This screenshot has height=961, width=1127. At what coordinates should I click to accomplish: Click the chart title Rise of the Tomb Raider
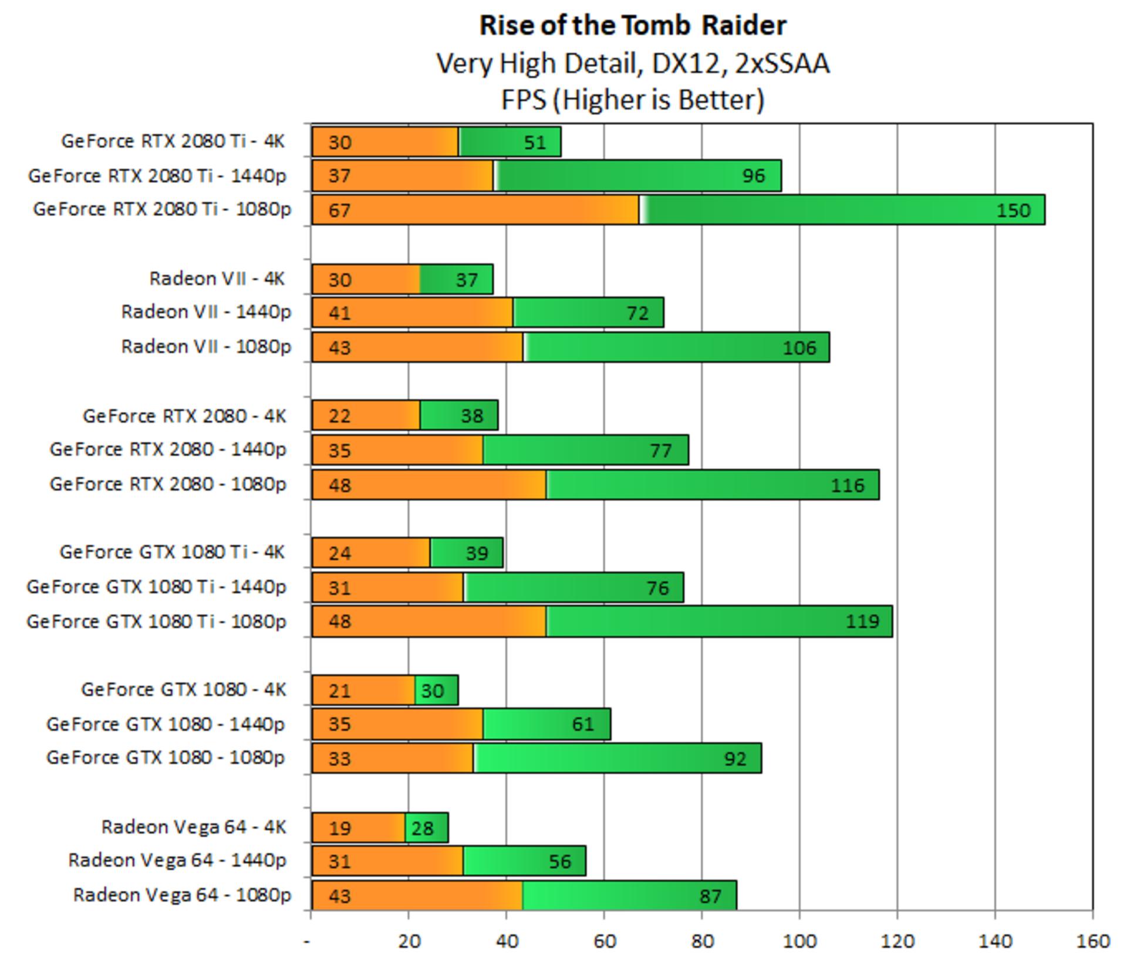click(633, 26)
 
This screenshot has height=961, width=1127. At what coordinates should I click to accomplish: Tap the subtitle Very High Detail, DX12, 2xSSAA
click(633, 63)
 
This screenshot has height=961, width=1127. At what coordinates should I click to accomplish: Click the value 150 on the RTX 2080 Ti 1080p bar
click(1013, 210)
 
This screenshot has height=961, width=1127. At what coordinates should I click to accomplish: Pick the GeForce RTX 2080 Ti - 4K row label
click(173, 141)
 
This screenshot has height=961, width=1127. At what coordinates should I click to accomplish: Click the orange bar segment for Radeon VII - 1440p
click(412, 312)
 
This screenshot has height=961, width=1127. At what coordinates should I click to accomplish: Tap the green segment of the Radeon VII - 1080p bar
click(676, 347)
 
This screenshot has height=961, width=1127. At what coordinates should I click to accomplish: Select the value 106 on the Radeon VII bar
click(799, 348)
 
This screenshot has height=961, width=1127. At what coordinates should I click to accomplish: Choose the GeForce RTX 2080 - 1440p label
click(168, 449)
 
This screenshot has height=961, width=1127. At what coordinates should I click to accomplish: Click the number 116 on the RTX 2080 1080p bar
click(848, 485)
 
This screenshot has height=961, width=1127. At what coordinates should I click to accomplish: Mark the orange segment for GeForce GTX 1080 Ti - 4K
click(371, 553)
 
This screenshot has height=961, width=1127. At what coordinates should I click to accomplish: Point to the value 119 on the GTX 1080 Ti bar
click(862, 621)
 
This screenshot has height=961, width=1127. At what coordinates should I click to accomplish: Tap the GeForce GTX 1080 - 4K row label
click(184, 689)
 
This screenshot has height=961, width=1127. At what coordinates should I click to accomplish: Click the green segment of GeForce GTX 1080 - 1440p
click(546, 724)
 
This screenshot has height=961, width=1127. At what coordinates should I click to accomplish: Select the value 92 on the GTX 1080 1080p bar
click(735, 759)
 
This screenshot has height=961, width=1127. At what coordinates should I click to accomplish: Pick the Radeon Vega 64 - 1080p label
click(182, 895)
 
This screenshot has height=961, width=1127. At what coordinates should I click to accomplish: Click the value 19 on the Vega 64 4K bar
click(340, 828)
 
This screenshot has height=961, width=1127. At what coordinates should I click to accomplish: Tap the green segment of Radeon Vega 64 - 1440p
click(524, 861)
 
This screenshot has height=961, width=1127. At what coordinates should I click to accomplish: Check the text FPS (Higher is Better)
click(633, 100)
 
